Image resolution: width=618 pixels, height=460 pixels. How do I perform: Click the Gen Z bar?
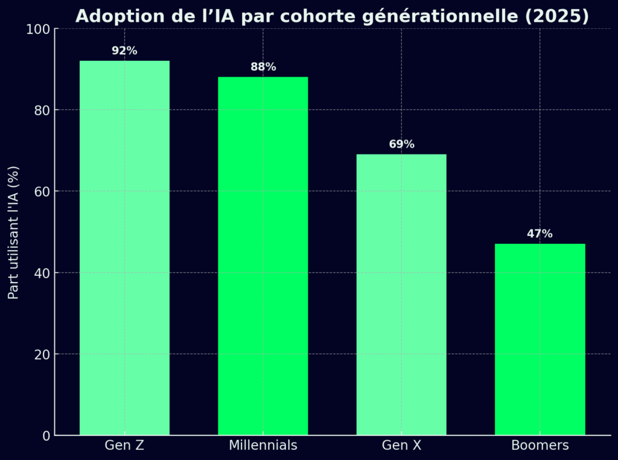pos(124,248)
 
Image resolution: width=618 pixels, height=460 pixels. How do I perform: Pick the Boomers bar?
pos(540,339)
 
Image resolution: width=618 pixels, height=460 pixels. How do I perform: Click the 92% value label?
pos(124,51)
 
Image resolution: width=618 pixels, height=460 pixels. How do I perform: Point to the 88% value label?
pos(263,67)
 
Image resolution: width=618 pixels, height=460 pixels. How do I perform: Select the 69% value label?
pos(401,144)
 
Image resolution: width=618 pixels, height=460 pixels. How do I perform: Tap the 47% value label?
pos(540,234)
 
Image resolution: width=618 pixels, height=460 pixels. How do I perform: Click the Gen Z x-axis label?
pos(124,446)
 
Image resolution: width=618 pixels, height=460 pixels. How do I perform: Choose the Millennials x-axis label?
pos(263,446)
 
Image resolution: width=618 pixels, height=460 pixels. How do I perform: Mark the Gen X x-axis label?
pos(401,446)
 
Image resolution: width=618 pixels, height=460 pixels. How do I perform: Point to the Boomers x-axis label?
pos(540,446)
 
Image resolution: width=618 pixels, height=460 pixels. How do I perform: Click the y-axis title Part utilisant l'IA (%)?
pos(14,232)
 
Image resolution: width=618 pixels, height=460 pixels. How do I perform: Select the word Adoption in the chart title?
pos(111,17)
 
